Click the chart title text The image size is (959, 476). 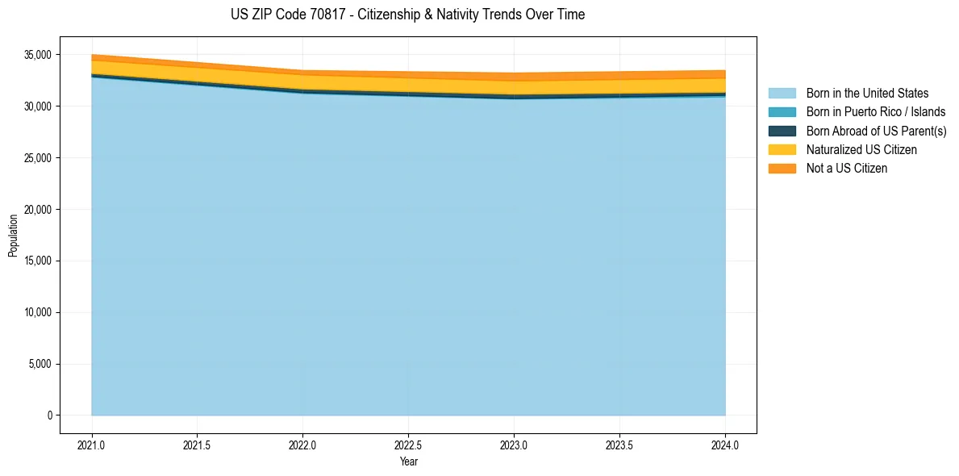click(x=407, y=15)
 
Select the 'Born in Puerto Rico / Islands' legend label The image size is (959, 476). click(x=876, y=112)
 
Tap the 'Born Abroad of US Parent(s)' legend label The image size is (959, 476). click(x=876, y=131)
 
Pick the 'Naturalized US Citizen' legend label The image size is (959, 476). click(x=861, y=149)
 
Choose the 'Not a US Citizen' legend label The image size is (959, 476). click(x=847, y=168)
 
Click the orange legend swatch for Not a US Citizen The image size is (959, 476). click(x=782, y=168)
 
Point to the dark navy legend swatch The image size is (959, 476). click(x=782, y=131)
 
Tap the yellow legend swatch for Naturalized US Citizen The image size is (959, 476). click(x=782, y=149)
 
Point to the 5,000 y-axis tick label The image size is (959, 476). click(x=40, y=364)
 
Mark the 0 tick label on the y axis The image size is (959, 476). click(x=49, y=415)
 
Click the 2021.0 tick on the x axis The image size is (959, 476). click(x=92, y=445)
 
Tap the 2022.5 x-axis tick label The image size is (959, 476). click(x=408, y=445)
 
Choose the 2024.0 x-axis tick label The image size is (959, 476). click(x=725, y=445)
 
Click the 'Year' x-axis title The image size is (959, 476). click(x=409, y=461)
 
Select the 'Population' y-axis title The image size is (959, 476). click(x=13, y=236)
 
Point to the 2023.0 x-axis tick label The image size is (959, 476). click(x=514, y=445)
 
